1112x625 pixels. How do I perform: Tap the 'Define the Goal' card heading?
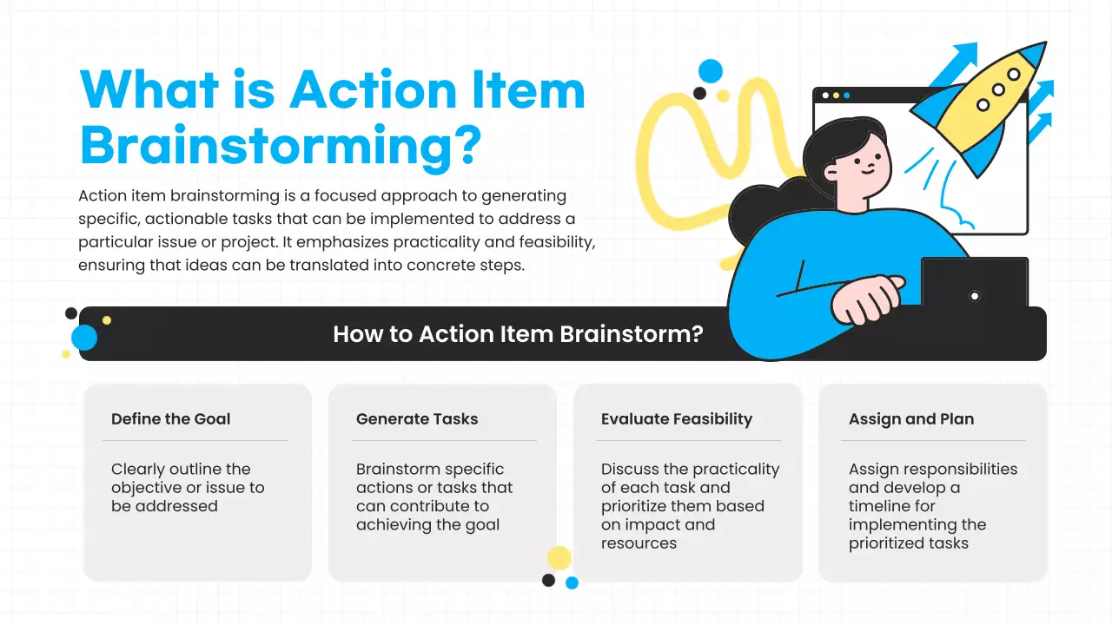point(171,419)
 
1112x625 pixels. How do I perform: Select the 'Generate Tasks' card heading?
point(417,419)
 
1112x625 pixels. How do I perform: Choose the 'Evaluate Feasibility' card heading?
point(677,419)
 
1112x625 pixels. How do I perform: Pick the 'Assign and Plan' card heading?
point(911,419)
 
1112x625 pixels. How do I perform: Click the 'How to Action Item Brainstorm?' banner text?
point(518,334)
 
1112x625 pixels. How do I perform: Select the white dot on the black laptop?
point(975,296)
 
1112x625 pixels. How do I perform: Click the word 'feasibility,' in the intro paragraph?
point(547,242)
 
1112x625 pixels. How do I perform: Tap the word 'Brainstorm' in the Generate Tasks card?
point(395,470)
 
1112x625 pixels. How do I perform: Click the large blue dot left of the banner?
point(84,338)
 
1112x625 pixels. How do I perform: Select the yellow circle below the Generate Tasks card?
point(559,558)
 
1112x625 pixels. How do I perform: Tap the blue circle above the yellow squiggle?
point(711,71)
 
